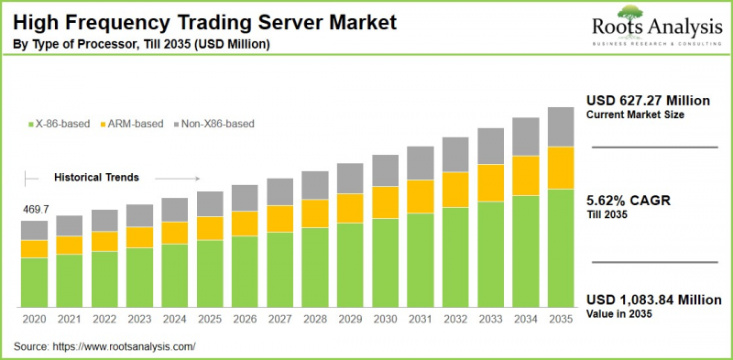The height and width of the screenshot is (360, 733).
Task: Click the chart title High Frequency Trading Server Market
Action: (200, 20)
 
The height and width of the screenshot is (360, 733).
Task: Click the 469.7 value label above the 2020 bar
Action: (35, 210)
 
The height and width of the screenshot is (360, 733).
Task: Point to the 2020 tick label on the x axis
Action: (35, 320)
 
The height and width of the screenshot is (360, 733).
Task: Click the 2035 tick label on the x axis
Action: (560, 320)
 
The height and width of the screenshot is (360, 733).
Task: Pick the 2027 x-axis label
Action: (279, 320)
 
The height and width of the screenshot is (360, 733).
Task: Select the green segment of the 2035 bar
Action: (560, 247)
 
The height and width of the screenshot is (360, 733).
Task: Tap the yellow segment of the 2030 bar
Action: (385, 202)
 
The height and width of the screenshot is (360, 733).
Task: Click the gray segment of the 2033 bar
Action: (489, 147)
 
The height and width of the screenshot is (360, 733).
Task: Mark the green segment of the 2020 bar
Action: (35, 282)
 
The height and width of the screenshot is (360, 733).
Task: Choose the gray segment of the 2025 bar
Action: (210, 203)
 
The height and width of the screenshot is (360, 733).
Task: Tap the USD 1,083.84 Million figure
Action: (653, 300)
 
